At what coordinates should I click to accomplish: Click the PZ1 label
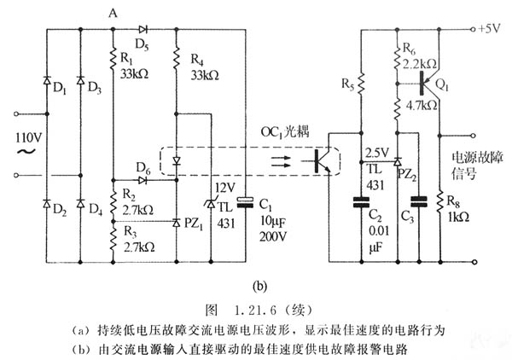(195, 224)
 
